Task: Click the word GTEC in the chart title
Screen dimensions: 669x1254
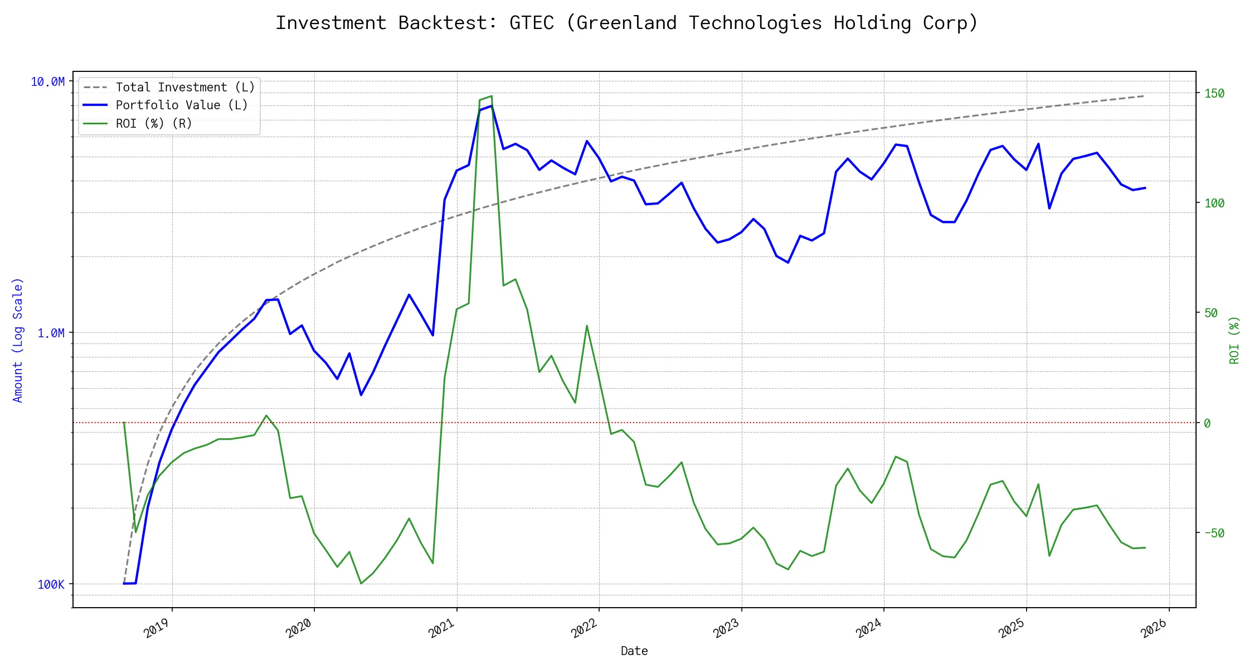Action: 531,23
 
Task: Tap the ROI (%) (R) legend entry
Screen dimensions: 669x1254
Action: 153,124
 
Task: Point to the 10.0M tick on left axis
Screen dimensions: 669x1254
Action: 47,82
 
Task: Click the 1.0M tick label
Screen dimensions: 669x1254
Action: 51,333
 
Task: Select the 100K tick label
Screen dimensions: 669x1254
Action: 51,584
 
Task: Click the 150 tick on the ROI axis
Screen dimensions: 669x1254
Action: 1214,93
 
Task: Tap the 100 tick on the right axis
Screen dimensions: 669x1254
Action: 1214,203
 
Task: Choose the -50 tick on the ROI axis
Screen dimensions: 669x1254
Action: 1214,533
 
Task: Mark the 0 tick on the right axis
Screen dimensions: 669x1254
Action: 1207,423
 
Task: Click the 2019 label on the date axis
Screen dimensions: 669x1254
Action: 157,628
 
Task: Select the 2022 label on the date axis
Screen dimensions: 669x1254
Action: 584,628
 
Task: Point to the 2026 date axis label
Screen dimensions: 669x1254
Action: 1154,628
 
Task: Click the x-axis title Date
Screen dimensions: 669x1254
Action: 634,651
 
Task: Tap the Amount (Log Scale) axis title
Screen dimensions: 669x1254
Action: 18,340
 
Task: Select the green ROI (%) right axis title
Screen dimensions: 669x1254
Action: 1234,340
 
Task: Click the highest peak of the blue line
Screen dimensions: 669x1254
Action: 491,106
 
